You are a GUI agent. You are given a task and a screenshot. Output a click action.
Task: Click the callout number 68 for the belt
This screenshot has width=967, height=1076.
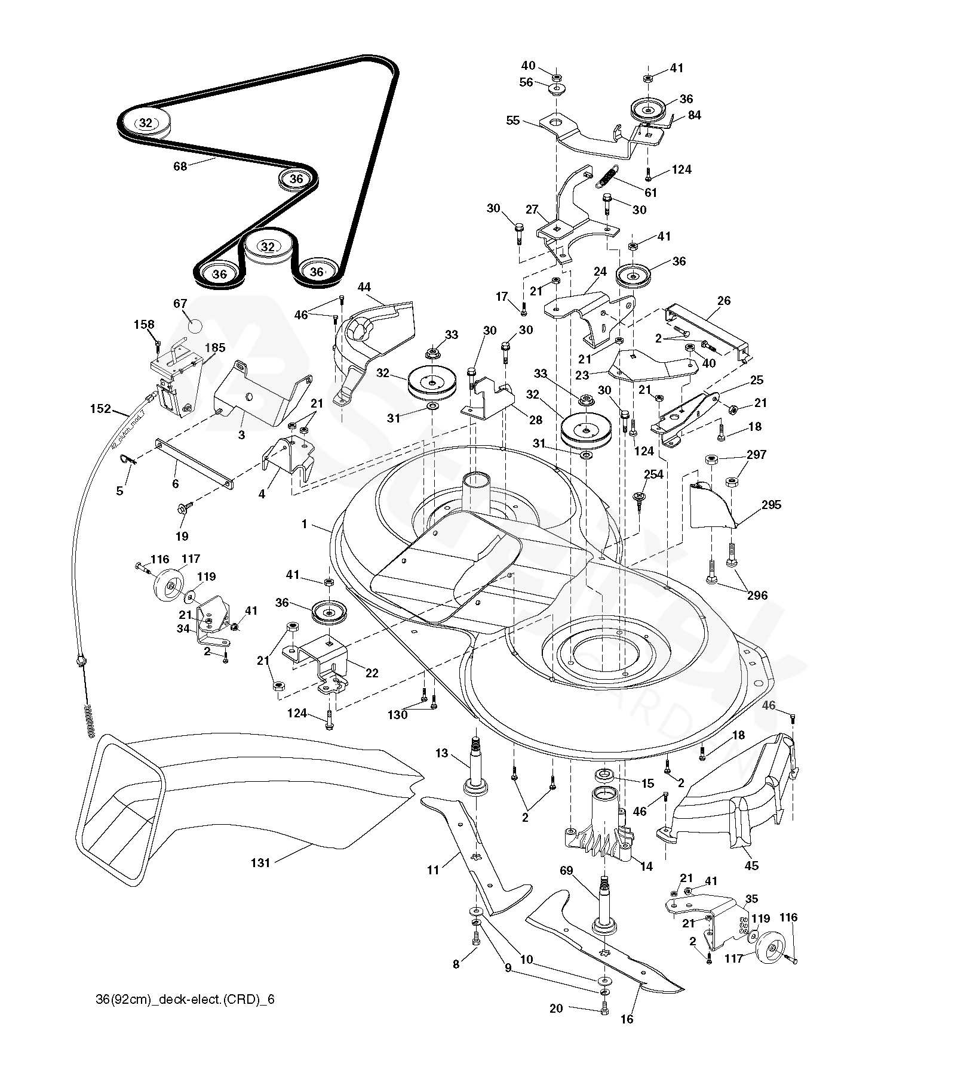click(x=180, y=167)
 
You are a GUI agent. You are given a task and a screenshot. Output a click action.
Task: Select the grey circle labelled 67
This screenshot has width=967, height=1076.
click(x=195, y=326)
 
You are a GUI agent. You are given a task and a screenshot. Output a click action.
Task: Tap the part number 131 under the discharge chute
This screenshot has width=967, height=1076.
click(x=260, y=862)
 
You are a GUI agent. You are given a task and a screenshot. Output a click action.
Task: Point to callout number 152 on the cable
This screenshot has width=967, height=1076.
click(x=100, y=409)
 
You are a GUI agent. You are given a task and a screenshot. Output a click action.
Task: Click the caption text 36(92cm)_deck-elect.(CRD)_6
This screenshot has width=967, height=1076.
click(x=185, y=999)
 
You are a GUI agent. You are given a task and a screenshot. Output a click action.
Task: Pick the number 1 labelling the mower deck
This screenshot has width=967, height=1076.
click(x=304, y=524)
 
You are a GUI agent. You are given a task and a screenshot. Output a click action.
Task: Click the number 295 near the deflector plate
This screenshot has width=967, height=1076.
click(x=771, y=505)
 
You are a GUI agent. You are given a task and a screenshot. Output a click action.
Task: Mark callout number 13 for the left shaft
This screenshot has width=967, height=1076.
click(x=441, y=753)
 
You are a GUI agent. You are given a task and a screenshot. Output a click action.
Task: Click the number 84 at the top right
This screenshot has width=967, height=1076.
click(x=695, y=115)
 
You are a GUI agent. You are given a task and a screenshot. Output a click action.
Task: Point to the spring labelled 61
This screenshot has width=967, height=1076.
click(x=607, y=178)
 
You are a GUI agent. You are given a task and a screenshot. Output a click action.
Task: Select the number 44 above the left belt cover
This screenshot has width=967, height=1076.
click(x=364, y=288)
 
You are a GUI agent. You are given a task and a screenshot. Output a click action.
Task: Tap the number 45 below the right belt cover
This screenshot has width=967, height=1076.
click(x=751, y=865)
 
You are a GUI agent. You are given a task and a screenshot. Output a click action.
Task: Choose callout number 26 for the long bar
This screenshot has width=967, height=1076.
click(x=724, y=301)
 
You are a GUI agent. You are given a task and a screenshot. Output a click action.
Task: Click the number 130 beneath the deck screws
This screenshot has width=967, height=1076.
click(x=397, y=714)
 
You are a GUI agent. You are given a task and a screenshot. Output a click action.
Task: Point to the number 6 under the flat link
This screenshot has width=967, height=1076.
click(x=175, y=484)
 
